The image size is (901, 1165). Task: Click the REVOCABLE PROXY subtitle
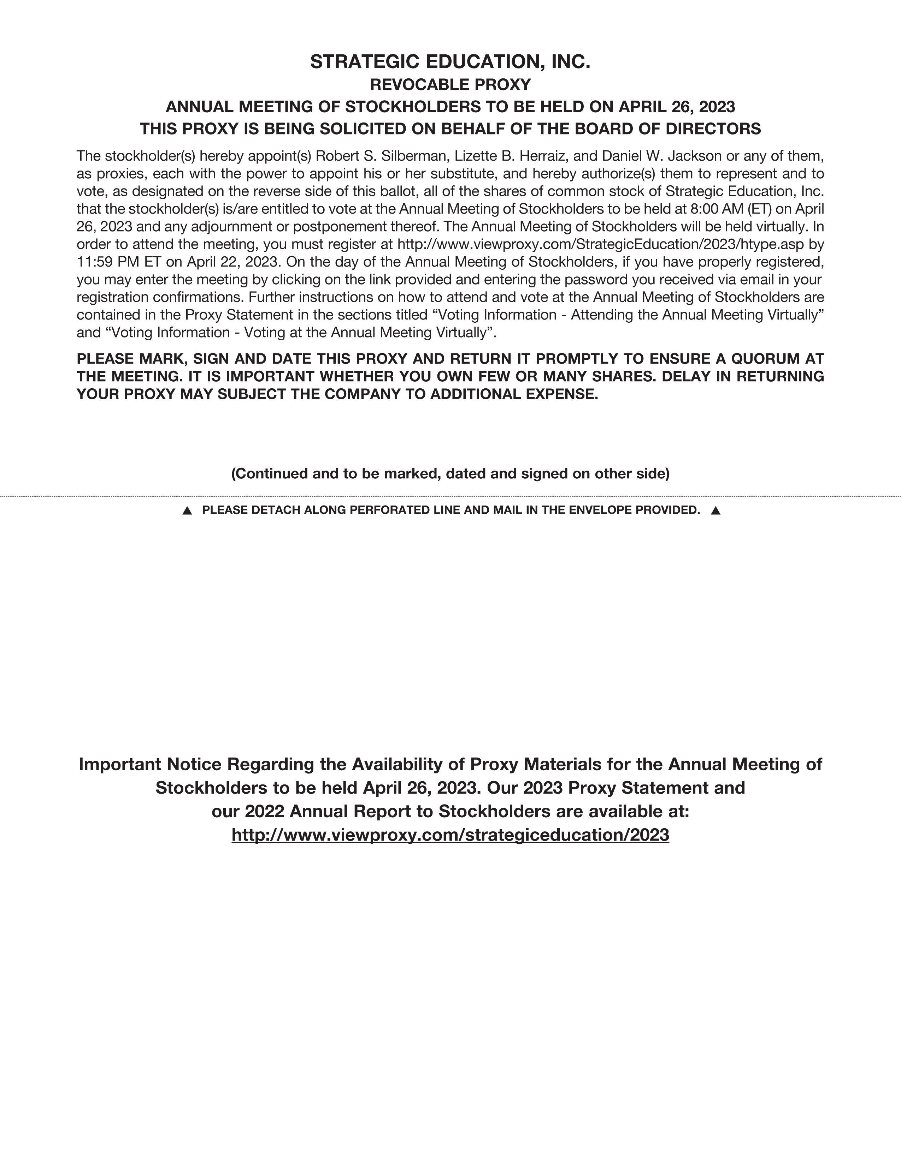tap(450, 85)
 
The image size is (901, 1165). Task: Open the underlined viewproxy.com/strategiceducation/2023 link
tap(450, 835)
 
